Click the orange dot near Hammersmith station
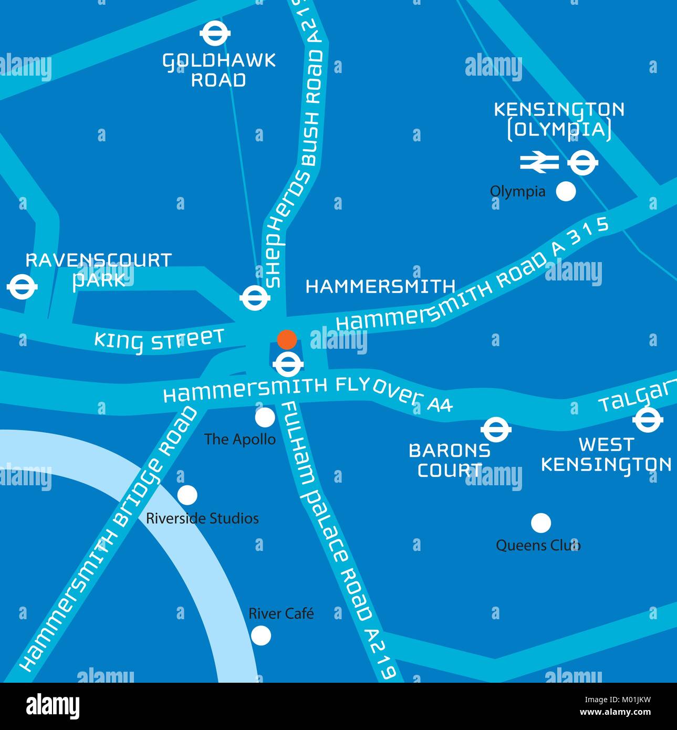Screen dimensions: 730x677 tap(287, 340)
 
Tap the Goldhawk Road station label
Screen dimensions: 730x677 tap(218, 70)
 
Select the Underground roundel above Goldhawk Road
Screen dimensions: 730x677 tap(216, 33)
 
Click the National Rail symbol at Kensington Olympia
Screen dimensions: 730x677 tap(539, 162)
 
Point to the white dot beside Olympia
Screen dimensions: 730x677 tap(566, 191)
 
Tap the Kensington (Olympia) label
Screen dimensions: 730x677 tap(559, 120)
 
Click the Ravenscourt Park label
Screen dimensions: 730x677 tap(99, 269)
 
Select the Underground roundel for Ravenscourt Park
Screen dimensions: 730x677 tap(22, 287)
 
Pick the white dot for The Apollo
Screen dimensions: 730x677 tap(265, 418)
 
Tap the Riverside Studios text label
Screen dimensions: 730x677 tap(202, 519)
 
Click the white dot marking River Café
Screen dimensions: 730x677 tap(261, 635)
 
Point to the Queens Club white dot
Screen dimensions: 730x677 tap(540, 523)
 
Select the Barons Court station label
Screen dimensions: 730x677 tap(450, 460)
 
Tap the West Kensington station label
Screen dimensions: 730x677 tap(606, 455)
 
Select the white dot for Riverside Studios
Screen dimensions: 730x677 tap(187, 495)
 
